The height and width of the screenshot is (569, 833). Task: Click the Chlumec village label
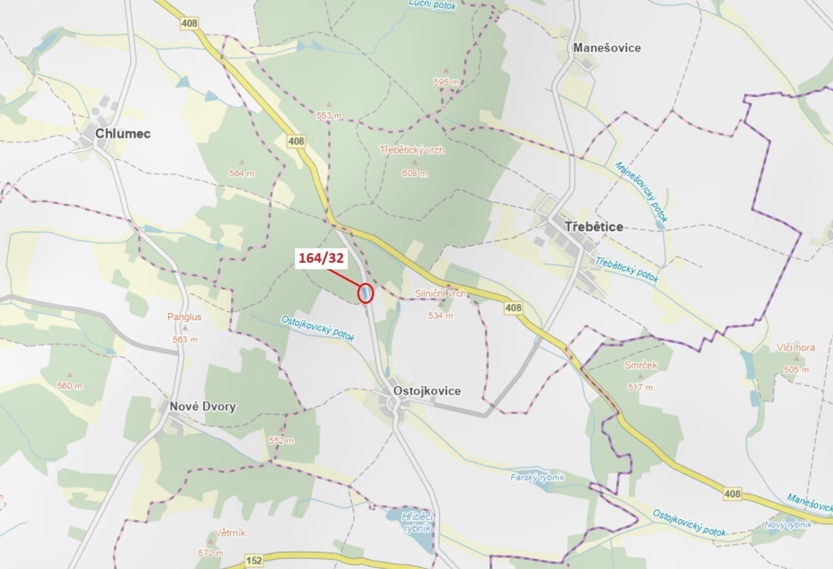point(123,133)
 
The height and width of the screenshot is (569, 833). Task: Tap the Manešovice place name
point(607,48)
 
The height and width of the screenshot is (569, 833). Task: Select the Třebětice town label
point(593,226)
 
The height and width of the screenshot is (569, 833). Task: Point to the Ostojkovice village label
point(427,391)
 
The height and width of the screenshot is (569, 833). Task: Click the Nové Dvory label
point(202,406)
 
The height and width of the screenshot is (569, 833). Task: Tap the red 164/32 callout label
point(321,258)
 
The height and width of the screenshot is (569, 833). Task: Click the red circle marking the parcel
point(365,294)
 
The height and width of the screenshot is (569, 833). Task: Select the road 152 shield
point(254,560)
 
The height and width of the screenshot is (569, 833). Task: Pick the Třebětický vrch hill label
point(412,150)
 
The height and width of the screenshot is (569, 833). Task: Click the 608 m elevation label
point(415,173)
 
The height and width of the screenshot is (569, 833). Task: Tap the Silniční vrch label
point(440,294)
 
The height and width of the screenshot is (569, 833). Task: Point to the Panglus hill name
point(184,317)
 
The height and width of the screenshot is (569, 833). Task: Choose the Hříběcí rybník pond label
point(417,522)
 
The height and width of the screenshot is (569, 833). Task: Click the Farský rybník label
point(537,478)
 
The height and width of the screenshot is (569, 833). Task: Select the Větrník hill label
point(230,533)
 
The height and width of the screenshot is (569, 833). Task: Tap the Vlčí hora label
point(796,347)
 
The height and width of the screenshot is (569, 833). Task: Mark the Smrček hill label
point(640,365)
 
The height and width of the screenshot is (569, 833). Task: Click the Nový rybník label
point(788,525)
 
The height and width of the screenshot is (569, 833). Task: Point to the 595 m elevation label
point(446,82)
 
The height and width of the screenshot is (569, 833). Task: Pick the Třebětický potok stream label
point(626,269)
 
